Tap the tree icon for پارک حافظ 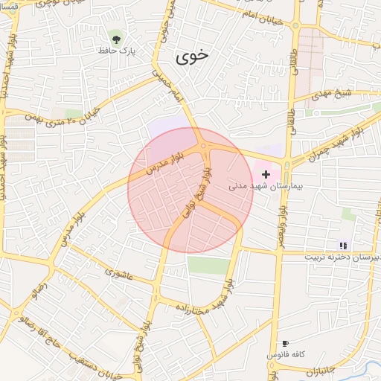click(x=115, y=37)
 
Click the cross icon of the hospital click(x=266, y=173)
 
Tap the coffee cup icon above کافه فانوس click(x=285, y=344)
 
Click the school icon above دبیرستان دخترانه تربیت click(x=343, y=245)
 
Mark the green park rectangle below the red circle click(x=208, y=266)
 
